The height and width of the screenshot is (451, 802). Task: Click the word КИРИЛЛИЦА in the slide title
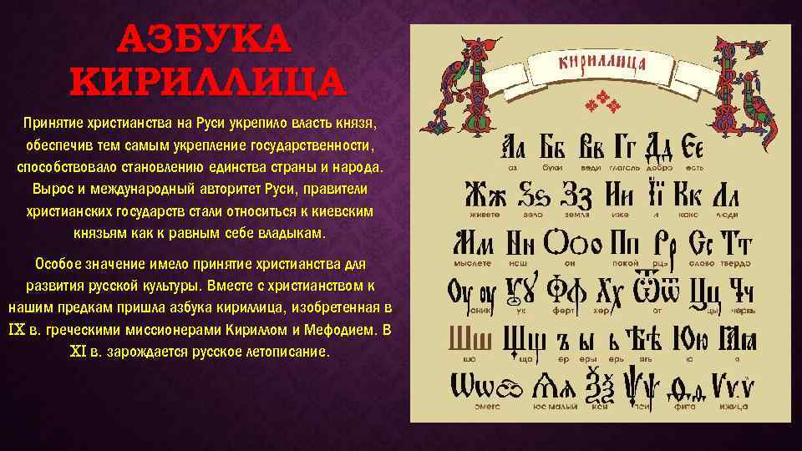click(206, 81)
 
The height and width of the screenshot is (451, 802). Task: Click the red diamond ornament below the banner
click(604, 105)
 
